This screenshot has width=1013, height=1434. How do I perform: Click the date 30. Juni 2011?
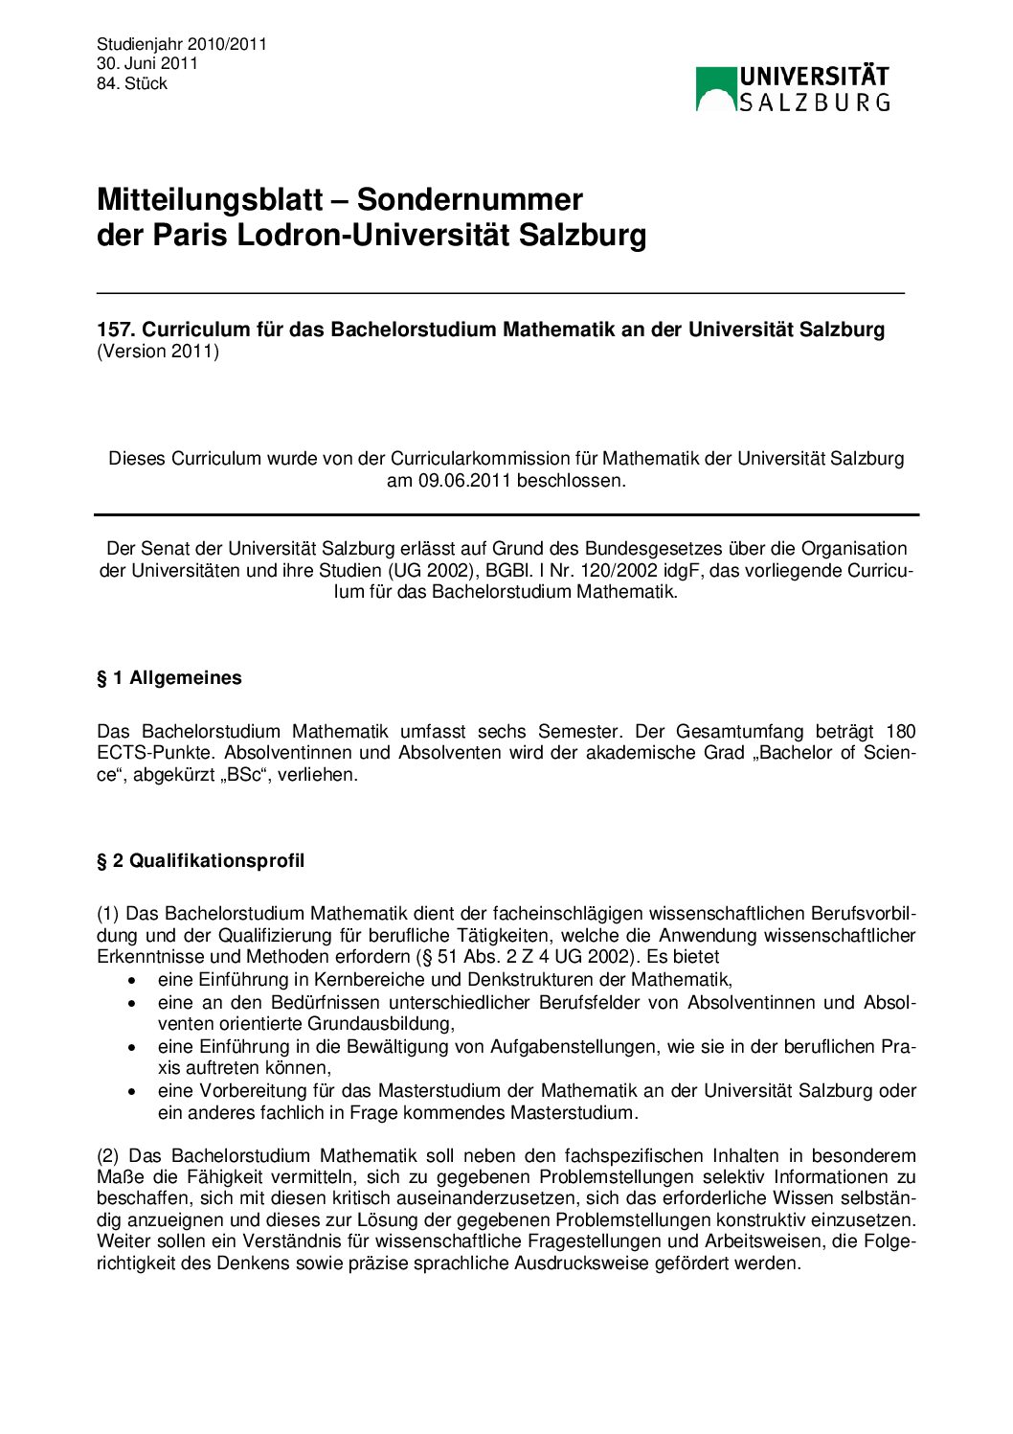tap(146, 63)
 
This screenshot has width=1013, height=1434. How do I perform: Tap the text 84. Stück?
tap(131, 83)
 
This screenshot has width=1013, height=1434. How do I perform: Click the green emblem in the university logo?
tap(715, 88)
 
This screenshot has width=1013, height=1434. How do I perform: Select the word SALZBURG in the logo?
tap(815, 102)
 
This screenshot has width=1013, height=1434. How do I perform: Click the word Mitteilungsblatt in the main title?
tap(210, 199)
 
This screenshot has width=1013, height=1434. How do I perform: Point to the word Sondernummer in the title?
tap(469, 199)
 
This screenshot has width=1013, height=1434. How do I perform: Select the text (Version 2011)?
tap(158, 352)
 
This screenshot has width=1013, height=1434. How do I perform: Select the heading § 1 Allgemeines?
tap(169, 678)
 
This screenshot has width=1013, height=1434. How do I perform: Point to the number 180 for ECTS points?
tap(900, 731)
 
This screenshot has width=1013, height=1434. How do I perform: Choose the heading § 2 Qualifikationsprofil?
tap(201, 861)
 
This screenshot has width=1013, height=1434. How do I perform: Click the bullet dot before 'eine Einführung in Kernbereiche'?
tap(133, 980)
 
